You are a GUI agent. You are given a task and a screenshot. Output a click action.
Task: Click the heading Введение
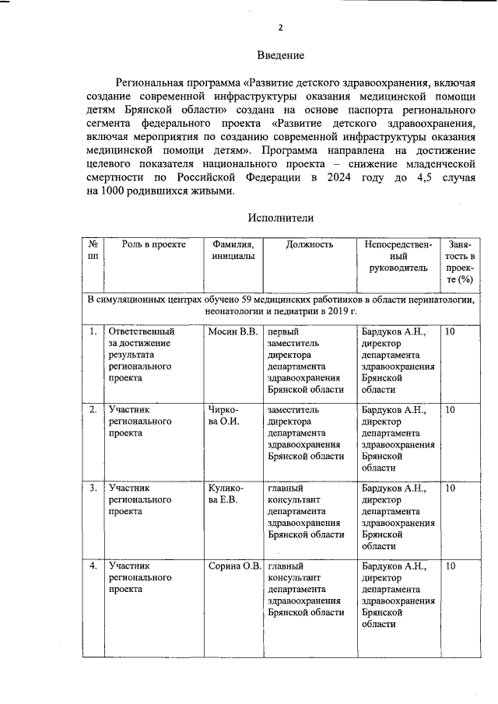[280, 55]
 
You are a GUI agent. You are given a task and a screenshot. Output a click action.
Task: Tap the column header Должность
[309, 244]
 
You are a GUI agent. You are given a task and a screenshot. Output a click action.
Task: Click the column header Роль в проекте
[153, 244]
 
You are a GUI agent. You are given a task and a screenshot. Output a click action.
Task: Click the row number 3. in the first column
[93, 488]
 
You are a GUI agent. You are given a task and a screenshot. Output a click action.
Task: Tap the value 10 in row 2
[451, 409]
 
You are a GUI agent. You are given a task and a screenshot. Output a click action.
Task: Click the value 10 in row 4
[451, 566]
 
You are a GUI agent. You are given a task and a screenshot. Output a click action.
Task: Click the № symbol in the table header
[93, 244]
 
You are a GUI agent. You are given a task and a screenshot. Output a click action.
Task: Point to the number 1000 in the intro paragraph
[115, 191]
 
